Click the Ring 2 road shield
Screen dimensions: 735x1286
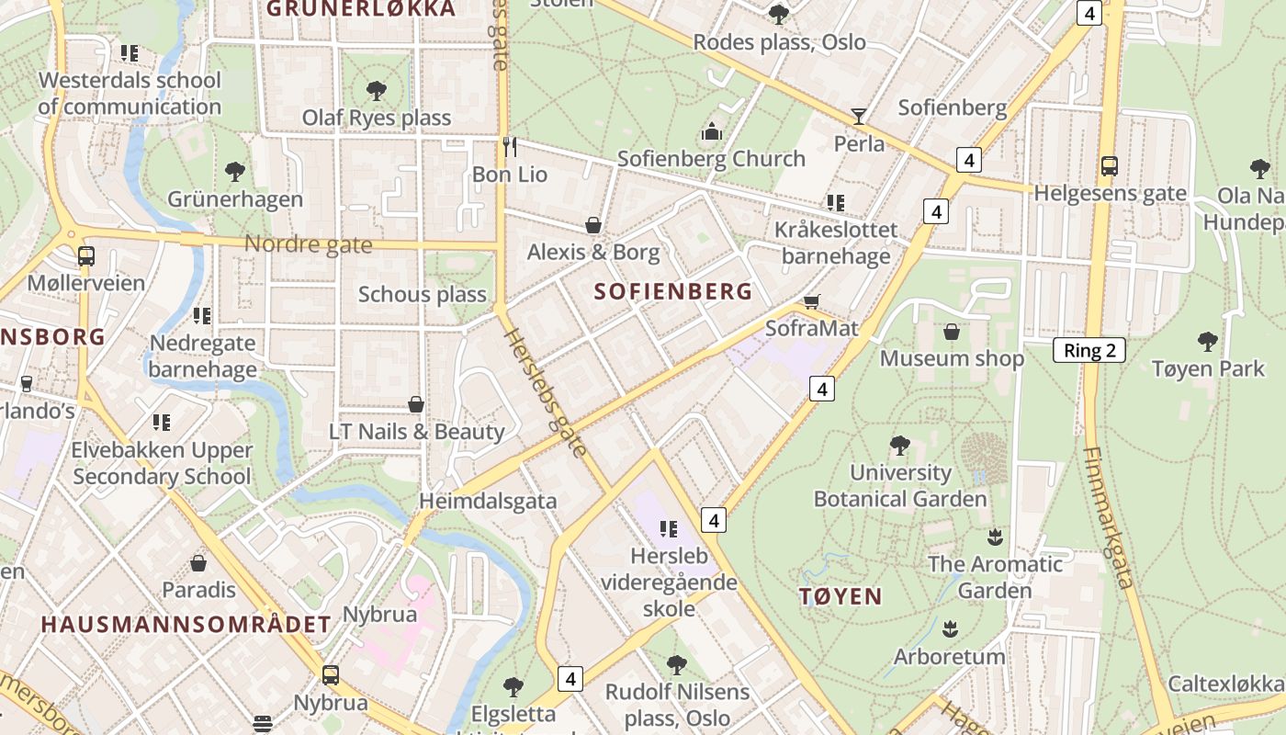click(1089, 350)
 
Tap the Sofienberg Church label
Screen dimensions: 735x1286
click(711, 159)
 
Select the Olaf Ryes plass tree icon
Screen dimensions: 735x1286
click(376, 90)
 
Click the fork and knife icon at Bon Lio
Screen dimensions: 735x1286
click(510, 146)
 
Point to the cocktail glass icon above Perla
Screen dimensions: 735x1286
click(859, 116)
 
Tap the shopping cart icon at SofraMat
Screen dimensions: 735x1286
click(812, 301)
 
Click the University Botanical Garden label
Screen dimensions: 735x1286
click(900, 486)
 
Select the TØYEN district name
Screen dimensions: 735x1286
click(840, 596)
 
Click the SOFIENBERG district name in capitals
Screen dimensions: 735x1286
click(672, 292)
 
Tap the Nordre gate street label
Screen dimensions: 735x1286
click(309, 244)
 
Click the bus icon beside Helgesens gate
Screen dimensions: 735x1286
click(1110, 166)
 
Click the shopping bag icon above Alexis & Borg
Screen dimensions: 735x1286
click(593, 225)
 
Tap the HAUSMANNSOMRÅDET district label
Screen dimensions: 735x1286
click(186, 625)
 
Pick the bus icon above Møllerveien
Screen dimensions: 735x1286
click(86, 255)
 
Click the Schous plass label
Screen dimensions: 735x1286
click(422, 294)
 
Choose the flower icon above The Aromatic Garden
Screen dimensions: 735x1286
click(995, 536)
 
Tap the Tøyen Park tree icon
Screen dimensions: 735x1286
click(1208, 342)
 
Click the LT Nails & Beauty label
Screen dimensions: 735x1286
click(417, 432)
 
